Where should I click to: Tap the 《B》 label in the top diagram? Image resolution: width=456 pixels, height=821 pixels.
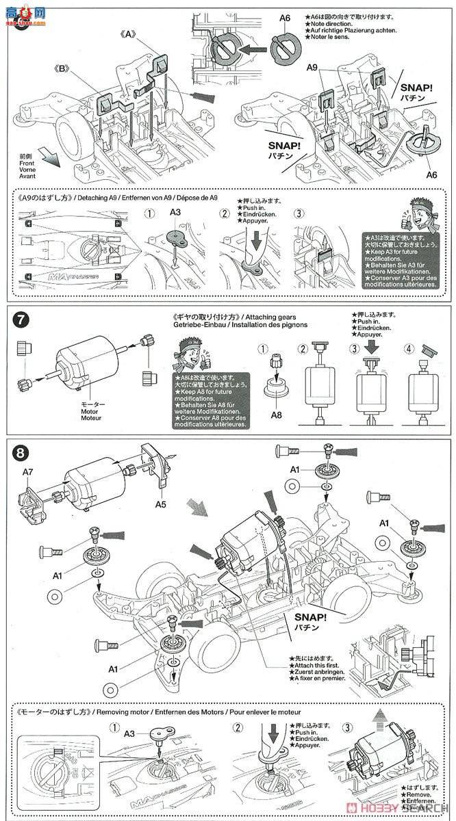tap(63, 68)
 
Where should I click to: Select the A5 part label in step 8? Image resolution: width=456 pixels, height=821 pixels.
tap(162, 504)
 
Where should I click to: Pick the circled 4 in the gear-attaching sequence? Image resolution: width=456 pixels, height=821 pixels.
tap(409, 348)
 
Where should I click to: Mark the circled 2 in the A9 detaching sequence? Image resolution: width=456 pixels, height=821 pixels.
tap(224, 213)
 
